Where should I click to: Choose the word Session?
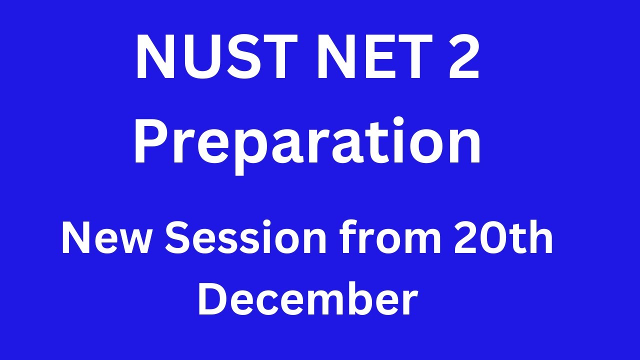tap(245, 239)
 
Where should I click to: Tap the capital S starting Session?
tap(177, 239)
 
